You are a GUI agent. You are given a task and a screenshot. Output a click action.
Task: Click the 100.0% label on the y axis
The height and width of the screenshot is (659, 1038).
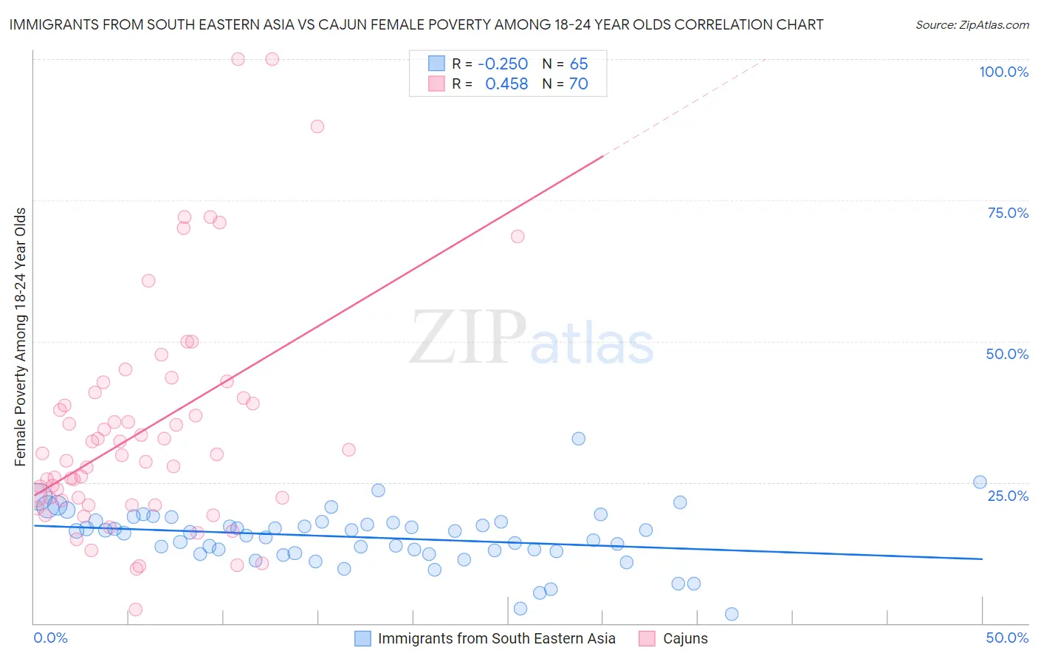(x=1003, y=72)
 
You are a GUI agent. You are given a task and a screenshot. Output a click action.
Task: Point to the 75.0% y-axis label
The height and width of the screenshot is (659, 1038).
(x=1008, y=213)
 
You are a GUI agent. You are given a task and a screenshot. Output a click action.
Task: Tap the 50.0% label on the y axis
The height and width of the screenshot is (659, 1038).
(x=1007, y=354)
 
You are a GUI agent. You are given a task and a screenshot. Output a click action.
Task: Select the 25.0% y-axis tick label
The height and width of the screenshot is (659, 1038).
(x=1008, y=495)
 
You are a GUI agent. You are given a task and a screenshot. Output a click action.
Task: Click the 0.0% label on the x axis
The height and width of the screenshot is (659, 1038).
(x=50, y=638)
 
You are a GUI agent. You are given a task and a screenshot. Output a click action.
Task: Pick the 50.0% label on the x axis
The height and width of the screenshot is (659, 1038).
(x=1007, y=638)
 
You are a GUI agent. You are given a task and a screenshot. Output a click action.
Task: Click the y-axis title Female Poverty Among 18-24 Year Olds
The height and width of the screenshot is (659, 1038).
(x=20, y=337)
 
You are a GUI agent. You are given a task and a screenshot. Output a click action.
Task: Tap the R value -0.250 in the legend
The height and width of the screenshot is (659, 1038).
(x=503, y=64)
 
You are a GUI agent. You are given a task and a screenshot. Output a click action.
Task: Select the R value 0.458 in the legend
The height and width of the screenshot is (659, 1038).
(x=506, y=84)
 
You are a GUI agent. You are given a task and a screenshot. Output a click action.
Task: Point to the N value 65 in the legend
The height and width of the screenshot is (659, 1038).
(x=579, y=64)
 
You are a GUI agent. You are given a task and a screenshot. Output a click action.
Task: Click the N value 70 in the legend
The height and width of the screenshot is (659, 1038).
(x=579, y=84)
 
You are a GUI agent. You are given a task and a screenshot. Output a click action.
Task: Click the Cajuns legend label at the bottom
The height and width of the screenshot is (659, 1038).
(x=685, y=638)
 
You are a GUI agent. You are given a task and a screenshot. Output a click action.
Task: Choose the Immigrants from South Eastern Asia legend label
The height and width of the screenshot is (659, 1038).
(x=496, y=638)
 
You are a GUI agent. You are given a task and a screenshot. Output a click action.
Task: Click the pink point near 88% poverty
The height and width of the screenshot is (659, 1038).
(x=317, y=126)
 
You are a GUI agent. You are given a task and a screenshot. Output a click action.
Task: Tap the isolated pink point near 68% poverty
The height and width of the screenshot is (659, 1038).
(x=518, y=236)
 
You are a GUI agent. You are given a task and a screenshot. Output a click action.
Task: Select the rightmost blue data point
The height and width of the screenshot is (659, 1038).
(x=980, y=482)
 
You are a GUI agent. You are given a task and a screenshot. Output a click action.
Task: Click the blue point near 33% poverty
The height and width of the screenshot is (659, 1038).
(x=578, y=439)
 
